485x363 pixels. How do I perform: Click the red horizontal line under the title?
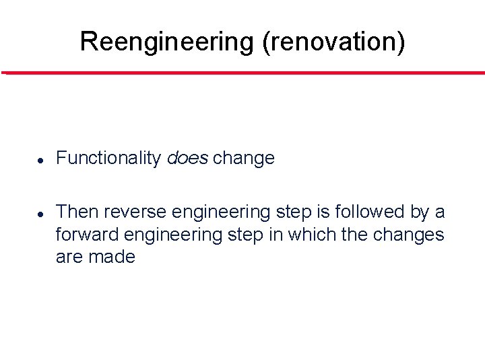243,73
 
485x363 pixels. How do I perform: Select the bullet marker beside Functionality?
40,160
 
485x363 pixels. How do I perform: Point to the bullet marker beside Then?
40,214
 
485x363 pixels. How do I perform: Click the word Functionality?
108,159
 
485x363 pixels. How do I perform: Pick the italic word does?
187,159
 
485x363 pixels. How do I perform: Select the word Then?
77,212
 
